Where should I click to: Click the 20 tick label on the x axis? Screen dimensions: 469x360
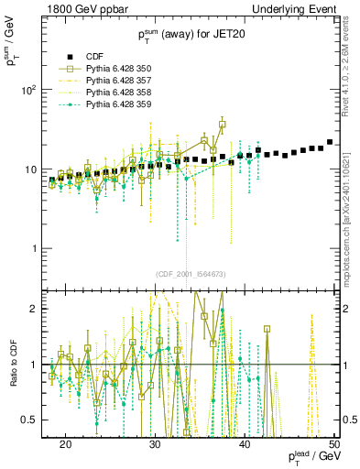tap(65, 444)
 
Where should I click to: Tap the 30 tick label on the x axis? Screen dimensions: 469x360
tap(155, 444)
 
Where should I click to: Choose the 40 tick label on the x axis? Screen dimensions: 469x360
tap(245, 444)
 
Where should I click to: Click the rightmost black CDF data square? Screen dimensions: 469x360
tap(330, 142)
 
